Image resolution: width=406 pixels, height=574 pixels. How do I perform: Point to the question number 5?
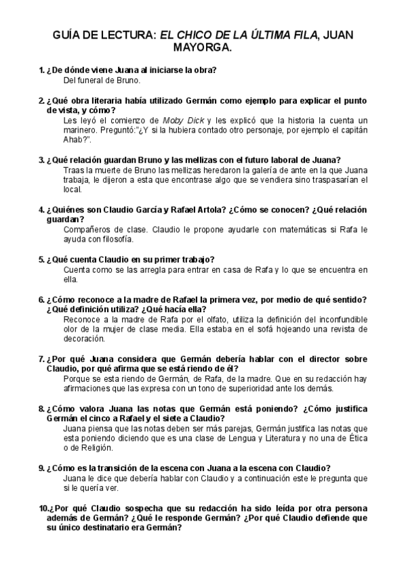point(41,259)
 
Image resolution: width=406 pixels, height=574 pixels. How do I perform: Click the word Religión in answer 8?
point(90,448)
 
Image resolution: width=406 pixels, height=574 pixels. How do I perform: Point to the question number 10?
point(43,508)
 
